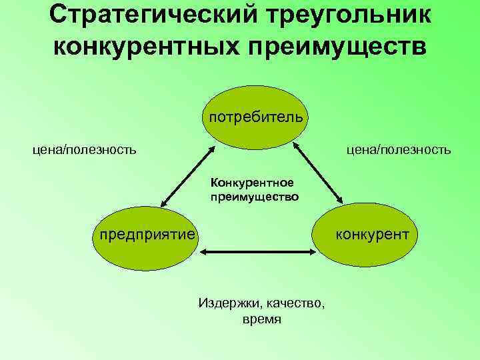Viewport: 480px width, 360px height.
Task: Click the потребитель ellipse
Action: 256,117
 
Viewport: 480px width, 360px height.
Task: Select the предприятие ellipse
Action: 147,235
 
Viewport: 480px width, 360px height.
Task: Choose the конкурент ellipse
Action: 365,235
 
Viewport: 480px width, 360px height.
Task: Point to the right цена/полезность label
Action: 398,150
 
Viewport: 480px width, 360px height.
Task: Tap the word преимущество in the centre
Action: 254,197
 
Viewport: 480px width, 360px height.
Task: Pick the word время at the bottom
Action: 262,320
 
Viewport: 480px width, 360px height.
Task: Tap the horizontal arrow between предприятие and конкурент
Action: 257,252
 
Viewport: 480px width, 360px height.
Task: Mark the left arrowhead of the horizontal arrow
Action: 204,252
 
